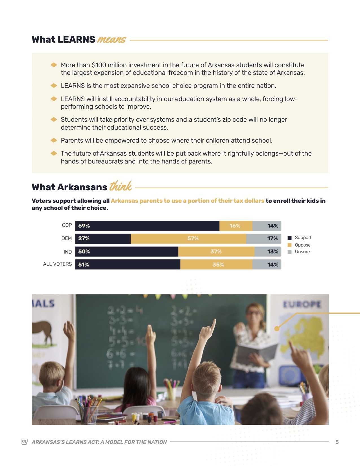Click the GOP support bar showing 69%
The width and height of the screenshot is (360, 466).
point(147,226)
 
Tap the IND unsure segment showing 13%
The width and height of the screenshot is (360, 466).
point(268,252)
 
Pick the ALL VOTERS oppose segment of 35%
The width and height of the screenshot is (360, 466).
point(216,265)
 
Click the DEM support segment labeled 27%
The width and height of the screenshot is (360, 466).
point(103,239)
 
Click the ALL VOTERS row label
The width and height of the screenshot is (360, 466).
point(57,264)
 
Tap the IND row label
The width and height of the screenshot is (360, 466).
point(67,252)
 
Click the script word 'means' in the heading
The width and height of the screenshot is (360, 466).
point(112,40)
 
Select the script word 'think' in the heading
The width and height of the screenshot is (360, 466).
point(121,186)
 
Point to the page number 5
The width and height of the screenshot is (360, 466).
point(337,442)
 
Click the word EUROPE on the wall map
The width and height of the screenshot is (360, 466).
point(302,304)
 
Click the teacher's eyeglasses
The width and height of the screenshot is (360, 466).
point(254,313)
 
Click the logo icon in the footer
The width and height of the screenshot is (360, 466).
point(25,442)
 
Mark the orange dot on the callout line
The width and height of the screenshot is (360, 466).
point(277,328)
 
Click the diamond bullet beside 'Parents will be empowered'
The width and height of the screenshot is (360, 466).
point(54,140)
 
